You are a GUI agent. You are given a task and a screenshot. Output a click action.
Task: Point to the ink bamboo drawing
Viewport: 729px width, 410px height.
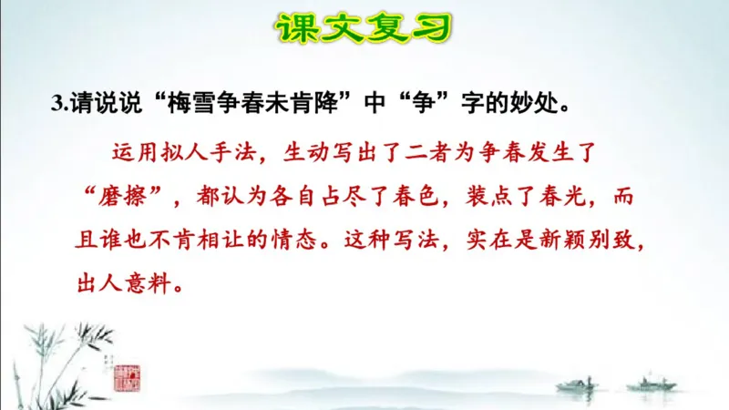tap(55, 355)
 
